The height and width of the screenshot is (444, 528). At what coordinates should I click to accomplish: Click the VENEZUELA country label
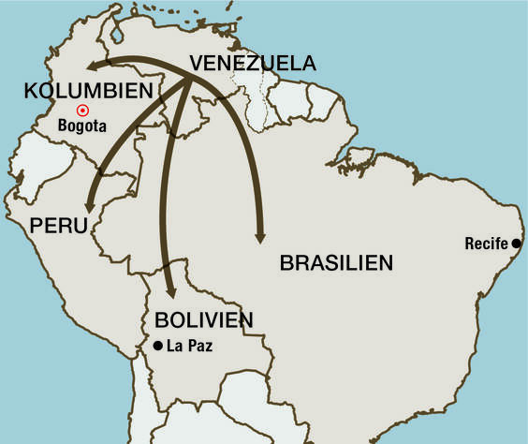pos(253,64)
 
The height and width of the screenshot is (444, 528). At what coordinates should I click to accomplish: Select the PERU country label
pos(58,226)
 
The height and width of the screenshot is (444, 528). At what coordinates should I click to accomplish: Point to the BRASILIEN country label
pos(335,262)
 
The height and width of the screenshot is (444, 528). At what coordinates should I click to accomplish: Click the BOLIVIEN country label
pos(205,319)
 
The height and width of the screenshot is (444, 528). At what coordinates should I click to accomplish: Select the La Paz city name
pos(189,347)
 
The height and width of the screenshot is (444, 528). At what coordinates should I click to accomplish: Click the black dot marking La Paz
pos(157,347)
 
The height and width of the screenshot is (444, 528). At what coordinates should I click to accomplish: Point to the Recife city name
pos(486,244)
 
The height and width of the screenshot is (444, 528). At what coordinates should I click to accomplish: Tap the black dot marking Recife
pos(515,244)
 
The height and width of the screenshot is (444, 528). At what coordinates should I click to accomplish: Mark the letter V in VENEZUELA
pos(197,64)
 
